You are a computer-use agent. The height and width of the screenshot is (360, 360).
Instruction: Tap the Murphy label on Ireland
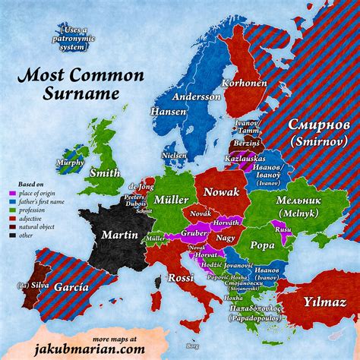coord(69,163)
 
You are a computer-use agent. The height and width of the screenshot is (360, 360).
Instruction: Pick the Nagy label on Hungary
coord(226,237)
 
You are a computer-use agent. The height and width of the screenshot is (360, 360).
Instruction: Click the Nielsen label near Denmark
coord(174,154)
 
